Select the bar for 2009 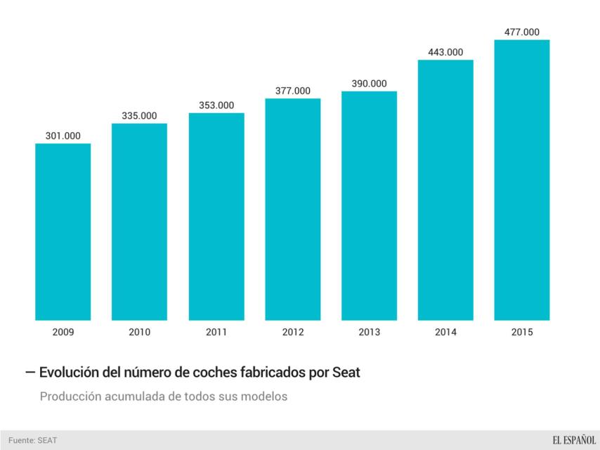tap(63, 232)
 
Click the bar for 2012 tap(292, 209)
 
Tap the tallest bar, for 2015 tap(522, 179)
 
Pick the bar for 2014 tap(445, 190)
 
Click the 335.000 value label tap(139, 116)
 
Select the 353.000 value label tap(216, 105)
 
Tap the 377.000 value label tap(292, 91)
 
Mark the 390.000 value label tap(369, 84)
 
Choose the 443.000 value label tap(445, 52)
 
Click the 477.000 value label tap(522, 32)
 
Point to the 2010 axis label tap(139, 332)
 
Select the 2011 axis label tap(216, 332)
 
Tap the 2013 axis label tap(369, 332)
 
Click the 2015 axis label tap(522, 332)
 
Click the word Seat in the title tap(345, 373)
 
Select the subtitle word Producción tap(72, 397)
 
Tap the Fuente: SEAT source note tap(32, 440)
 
